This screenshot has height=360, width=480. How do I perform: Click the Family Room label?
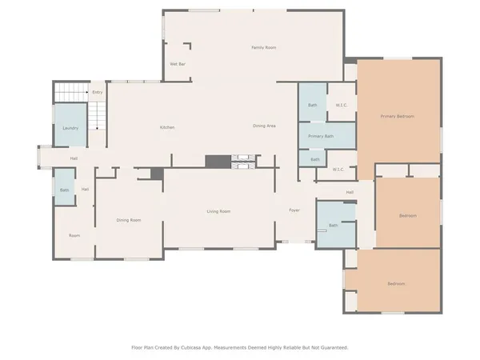[263, 48]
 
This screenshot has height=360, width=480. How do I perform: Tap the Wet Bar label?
[178, 64]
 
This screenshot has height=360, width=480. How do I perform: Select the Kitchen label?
[166, 127]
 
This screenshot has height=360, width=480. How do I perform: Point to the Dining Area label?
[264, 126]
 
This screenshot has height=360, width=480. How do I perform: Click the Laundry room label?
[70, 128]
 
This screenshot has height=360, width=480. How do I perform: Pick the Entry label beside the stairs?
[97, 93]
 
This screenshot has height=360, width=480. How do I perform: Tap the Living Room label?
[218, 211]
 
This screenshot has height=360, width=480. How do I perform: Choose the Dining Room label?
[129, 220]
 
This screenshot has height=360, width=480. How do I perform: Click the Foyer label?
[294, 210]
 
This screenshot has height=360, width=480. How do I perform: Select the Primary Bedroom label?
[397, 117]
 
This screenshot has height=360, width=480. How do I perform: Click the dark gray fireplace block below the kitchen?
[216, 161]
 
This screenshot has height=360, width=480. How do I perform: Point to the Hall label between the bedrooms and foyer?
[350, 193]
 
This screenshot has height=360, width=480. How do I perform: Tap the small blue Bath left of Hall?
[64, 190]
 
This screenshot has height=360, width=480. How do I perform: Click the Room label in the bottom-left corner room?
[74, 235]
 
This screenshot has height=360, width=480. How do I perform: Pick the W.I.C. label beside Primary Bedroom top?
[340, 105]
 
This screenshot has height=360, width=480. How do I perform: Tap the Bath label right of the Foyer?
[332, 226]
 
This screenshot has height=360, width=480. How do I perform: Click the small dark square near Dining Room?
[157, 174]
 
